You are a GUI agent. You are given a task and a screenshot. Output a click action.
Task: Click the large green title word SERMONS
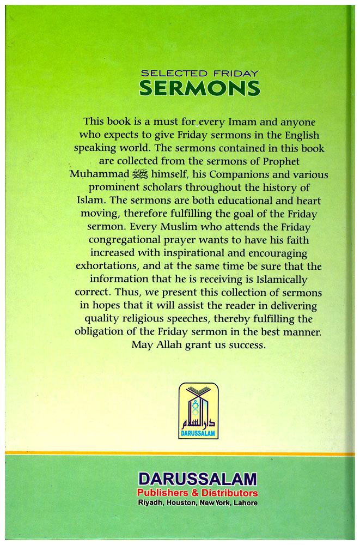pyautogui.click(x=199, y=88)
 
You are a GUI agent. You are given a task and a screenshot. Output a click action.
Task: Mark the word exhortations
pyautogui.click(x=107, y=266)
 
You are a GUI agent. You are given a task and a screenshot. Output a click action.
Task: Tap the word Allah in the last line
pyautogui.click(x=164, y=345)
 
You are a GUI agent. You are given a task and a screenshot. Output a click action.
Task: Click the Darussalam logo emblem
pyautogui.click(x=198, y=411)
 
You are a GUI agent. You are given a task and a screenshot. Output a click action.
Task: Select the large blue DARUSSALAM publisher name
pyautogui.click(x=197, y=480)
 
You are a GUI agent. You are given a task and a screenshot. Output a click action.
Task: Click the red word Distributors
pyautogui.click(x=228, y=493)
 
